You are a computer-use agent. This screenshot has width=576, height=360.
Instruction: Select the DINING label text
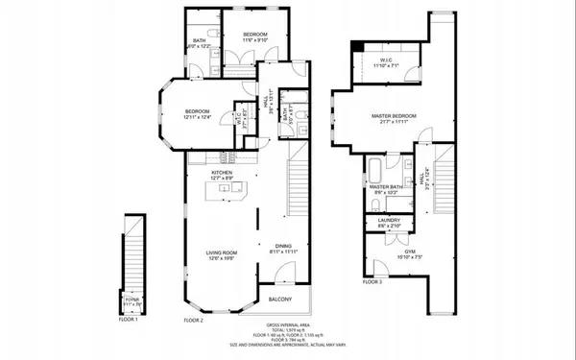pyautogui.click(x=282, y=246)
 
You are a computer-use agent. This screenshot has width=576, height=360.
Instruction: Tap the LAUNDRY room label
pyautogui.click(x=388, y=220)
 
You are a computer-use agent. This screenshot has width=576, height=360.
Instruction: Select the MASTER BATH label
pyautogui.click(x=386, y=187)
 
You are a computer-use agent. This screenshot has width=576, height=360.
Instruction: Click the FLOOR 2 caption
pyautogui.click(x=195, y=319)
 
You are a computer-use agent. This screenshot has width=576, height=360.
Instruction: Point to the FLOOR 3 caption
pyautogui.click(x=372, y=282)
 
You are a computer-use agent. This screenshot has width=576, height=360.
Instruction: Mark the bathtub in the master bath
pyautogui.click(x=372, y=173)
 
